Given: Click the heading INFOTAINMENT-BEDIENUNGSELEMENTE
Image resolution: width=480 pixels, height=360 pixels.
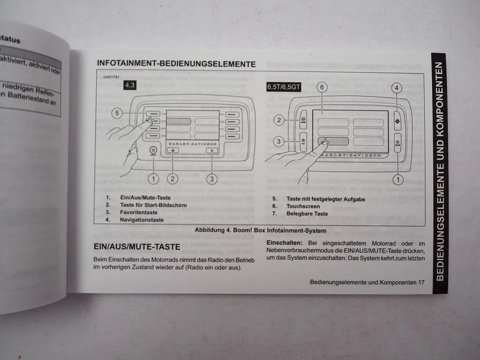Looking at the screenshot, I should pyautogui.click(x=176, y=63).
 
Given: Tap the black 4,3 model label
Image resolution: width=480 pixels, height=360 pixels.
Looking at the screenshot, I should pyautogui.click(x=130, y=85).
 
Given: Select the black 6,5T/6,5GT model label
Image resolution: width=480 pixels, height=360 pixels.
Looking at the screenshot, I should pyautogui.click(x=284, y=87).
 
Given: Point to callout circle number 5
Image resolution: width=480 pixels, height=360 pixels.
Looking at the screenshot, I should pyautogui.click(x=118, y=113).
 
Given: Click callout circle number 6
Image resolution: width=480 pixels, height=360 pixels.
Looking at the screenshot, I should pyautogui.click(x=321, y=87).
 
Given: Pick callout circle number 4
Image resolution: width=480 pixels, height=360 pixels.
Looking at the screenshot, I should pyautogui.click(x=397, y=88).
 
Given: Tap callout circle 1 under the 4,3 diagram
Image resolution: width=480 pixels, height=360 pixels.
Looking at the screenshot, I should pyautogui.click(x=154, y=178).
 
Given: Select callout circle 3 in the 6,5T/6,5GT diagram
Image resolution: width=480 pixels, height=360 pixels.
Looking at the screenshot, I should pyautogui.click(x=279, y=141).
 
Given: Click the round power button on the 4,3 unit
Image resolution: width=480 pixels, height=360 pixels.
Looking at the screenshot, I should pyautogui.click(x=153, y=150).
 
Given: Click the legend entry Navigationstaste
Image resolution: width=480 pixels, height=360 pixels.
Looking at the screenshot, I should pyautogui.click(x=142, y=219).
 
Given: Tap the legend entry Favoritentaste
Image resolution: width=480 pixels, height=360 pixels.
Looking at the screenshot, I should pyautogui.click(x=139, y=212).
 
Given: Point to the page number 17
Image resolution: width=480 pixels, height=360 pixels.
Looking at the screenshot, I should pyautogui.click(x=421, y=282).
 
